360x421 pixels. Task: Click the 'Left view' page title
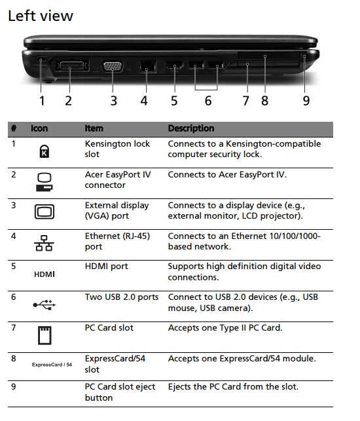pyautogui.click(x=41, y=16)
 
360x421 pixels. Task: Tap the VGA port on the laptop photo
pyautogui.click(x=113, y=66)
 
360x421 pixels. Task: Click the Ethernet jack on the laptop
pyautogui.click(x=148, y=66)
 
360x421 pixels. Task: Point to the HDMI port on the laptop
pyautogui.click(x=174, y=65)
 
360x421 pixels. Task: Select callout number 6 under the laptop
pyautogui.click(x=208, y=101)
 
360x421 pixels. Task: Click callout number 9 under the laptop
pyautogui.click(x=306, y=101)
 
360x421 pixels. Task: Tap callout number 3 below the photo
pyautogui.click(x=113, y=101)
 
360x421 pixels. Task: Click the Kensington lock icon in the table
pyautogui.click(x=45, y=151)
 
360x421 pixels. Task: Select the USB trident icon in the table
pyautogui.click(x=45, y=304)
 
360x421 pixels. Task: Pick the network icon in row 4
pyautogui.click(x=44, y=243)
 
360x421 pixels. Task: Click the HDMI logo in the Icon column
pyautogui.click(x=45, y=274)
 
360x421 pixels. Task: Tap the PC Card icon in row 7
pyautogui.click(x=45, y=335)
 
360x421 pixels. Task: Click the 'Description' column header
pyautogui.click(x=191, y=128)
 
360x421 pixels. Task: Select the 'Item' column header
pyautogui.click(x=94, y=128)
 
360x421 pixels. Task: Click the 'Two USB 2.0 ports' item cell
pyautogui.click(x=122, y=297)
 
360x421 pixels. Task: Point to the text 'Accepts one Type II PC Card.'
pyautogui.click(x=225, y=327)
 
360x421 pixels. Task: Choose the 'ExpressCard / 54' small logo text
pyautogui.click(x=52, y=365)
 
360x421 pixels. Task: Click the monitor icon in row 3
pyautogui.click(x=45, y=211)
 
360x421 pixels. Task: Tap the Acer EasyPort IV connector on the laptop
pyautogui.click(x=72, y=65)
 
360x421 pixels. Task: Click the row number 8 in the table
pyautogui.click(x=14, y=358)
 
